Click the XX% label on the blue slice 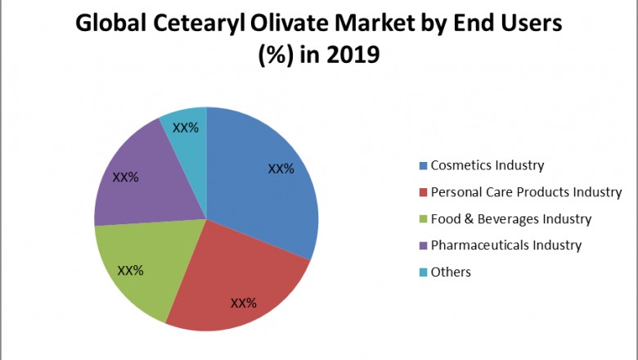point(281,169)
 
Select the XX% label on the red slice point(244,303)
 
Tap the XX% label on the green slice point(131,270)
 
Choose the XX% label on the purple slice point(125,176)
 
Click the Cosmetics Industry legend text point(487,165)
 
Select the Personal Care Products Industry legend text point(526,192)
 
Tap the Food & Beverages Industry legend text point(510,218)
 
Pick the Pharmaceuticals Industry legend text point(505,245)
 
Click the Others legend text point(451,272)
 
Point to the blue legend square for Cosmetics point(423,166)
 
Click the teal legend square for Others point(423,272)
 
